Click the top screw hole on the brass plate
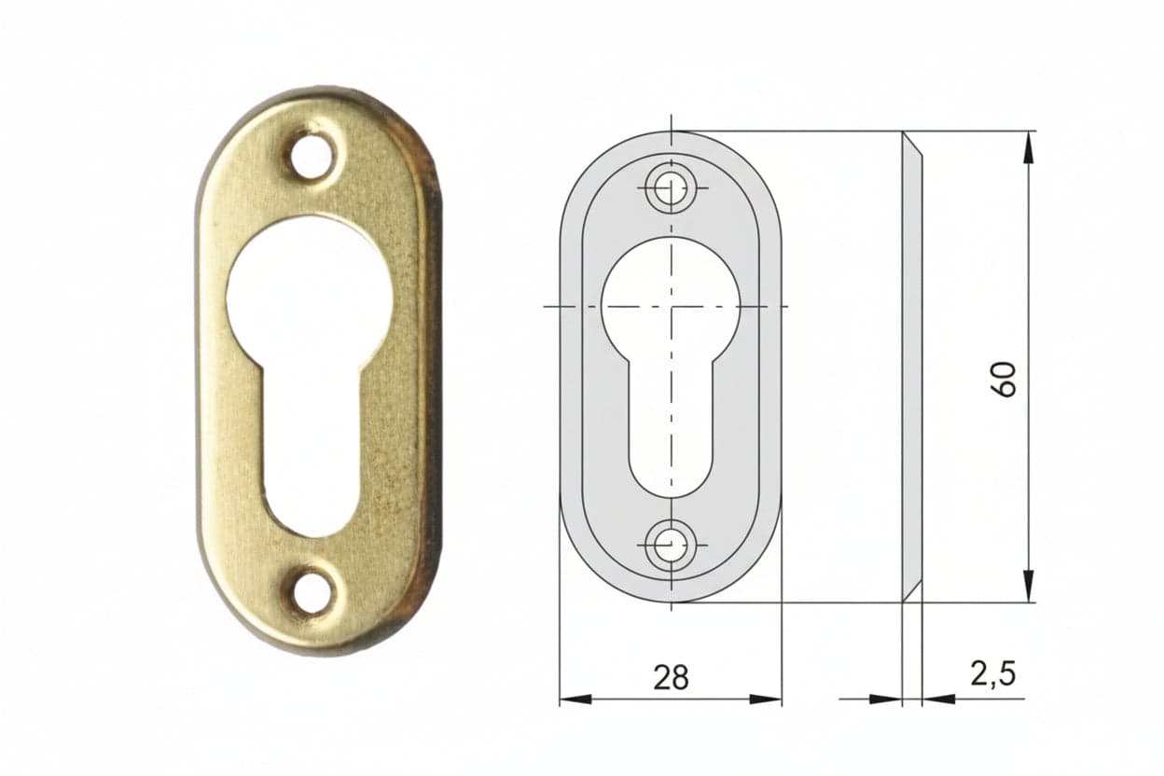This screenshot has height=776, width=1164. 312,155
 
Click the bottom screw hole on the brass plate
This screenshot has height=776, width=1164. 312,592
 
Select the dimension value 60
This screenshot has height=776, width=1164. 1004,380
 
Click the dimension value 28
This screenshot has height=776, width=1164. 671,678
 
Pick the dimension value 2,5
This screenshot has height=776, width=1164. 993,674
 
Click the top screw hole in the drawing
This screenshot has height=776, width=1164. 671,188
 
